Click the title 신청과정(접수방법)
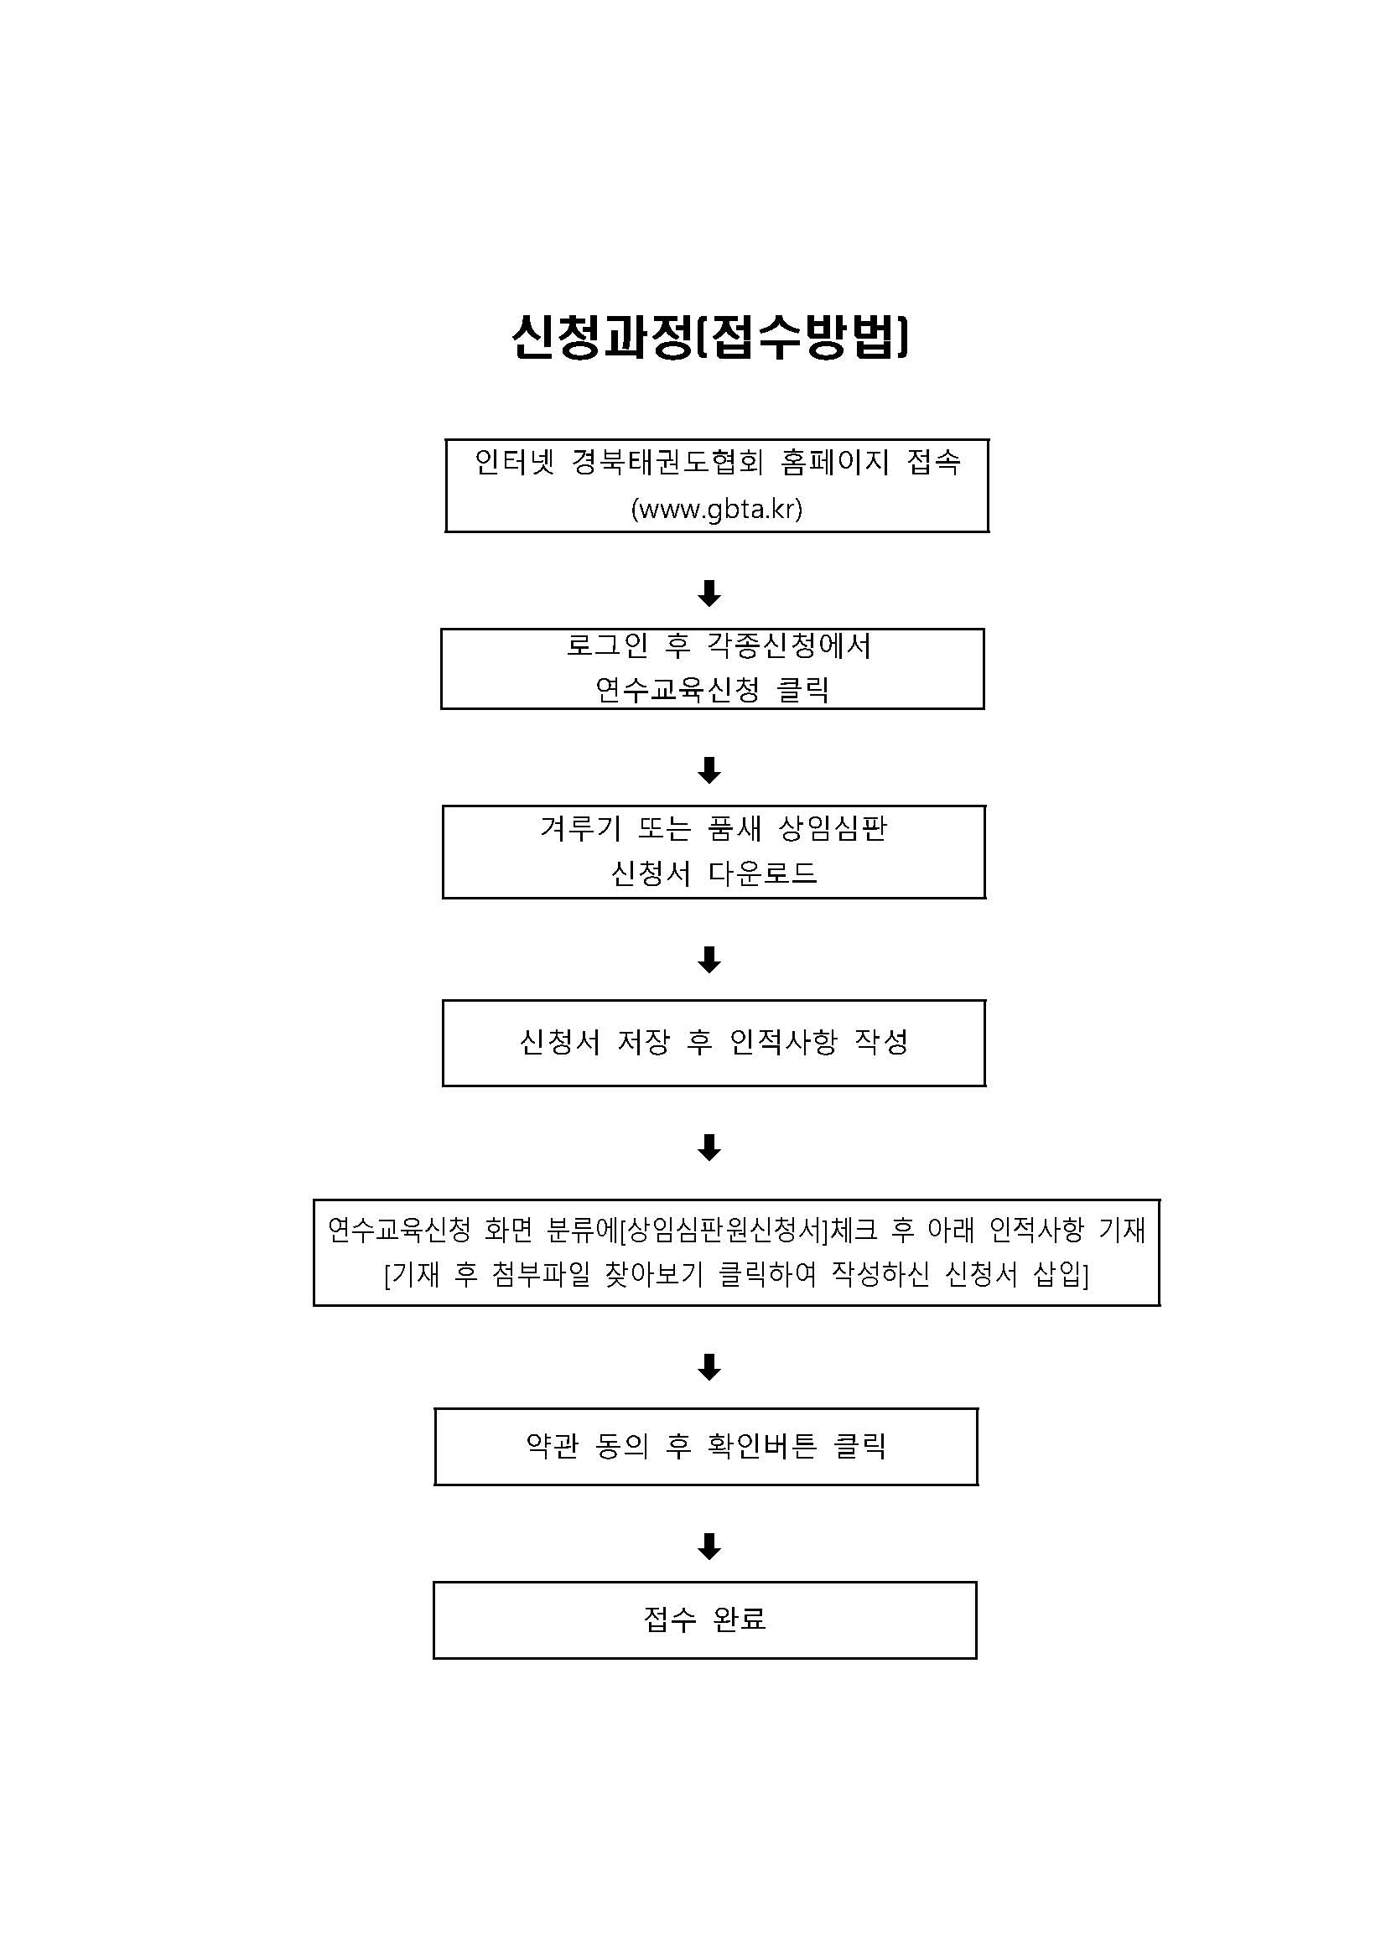click(710, 337)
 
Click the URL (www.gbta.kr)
click(717, 510)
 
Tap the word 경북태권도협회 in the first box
click(667, 463)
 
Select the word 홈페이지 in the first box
click(834, 463)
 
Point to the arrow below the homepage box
click(709, 593)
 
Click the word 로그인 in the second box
click(608, 646)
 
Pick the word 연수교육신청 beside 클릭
click(677, 689)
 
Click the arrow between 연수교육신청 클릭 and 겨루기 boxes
click(709, 770)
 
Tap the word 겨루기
click(580, 828)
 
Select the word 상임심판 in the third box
click(833, 828)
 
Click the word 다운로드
click(763, 873)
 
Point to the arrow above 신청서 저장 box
click(709, 960)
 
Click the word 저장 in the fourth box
click(643, 1042)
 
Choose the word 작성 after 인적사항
click(881, 1042)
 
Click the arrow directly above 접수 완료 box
click(709, 1546)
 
